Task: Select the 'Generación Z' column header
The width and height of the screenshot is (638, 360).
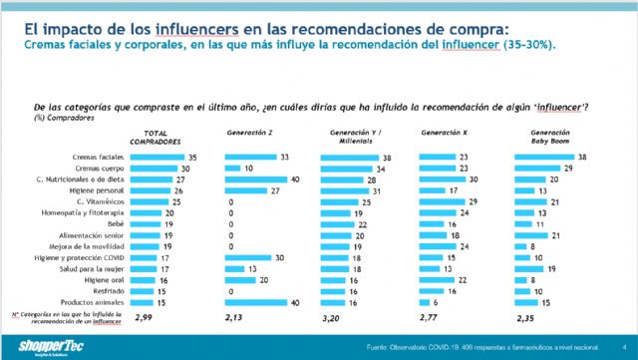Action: click(x=249, y=132)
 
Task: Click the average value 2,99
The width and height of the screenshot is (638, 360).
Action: click(x=143, y=319)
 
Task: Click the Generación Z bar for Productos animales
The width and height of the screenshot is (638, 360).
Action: click(x=255, y=303)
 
